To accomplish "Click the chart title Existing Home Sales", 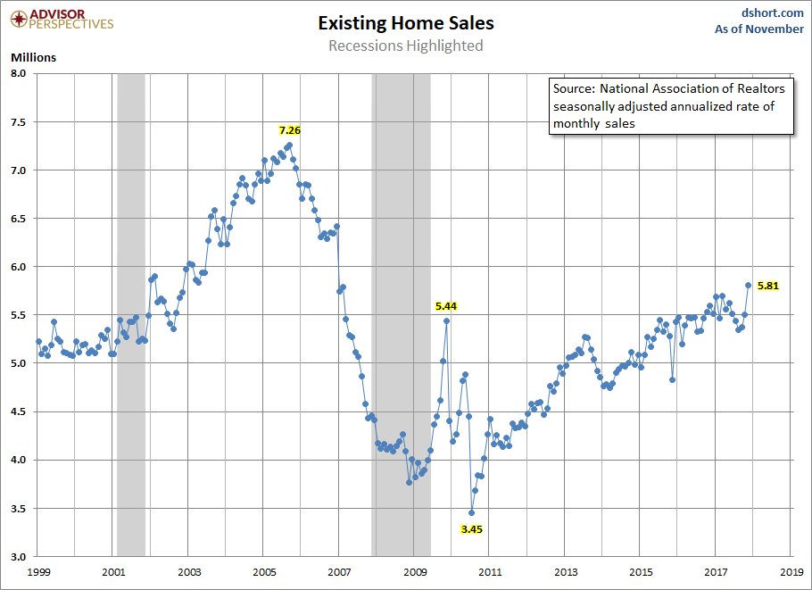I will tap(405, 23).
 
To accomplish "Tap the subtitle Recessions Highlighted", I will tap(405, 46).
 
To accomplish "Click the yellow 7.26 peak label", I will tap(290, 130).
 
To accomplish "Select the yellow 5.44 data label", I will tap(445, 306).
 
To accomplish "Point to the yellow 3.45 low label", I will tap(471, 529).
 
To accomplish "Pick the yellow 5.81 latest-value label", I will tap(768, 286).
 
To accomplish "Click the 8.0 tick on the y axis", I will tap(20, 73).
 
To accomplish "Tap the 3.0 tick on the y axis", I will tap(20, 556).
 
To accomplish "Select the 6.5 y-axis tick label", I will tap(20, 219).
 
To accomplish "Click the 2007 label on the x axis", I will tap(338, 570).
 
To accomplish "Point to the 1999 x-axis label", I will tap(37, 570).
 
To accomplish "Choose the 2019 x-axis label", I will tap(791, 570).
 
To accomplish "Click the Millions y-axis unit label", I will tap(33, 58).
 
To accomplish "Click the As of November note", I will tap(759, 29).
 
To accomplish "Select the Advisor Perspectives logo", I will tap(59, 19).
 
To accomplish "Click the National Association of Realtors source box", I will tap(670, 106).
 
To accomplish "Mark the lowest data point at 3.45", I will tap(471, 512).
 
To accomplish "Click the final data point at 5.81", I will tap(748, 286).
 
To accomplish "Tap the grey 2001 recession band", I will tap(131, 312).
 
